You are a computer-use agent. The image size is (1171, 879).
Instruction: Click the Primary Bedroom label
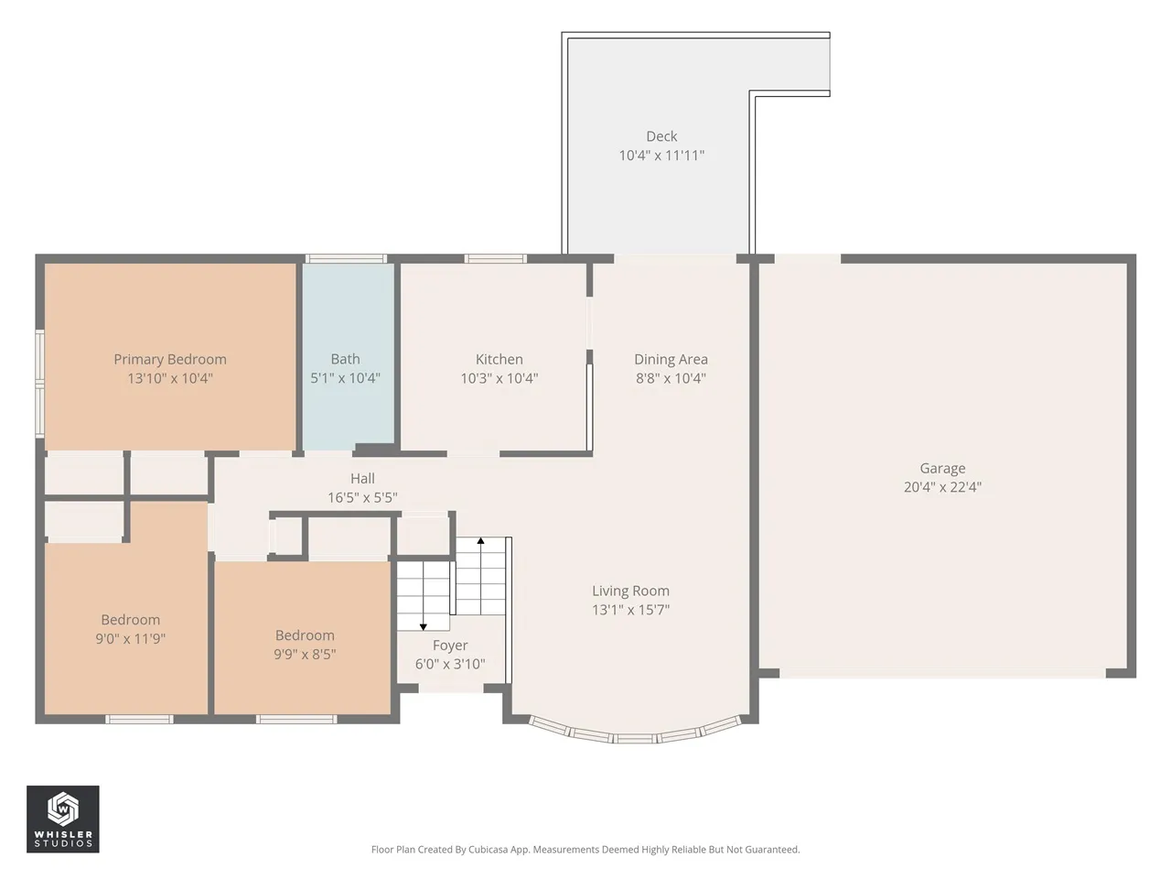[x=170, y=359]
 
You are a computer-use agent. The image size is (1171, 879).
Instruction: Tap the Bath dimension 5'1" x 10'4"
[x=345, y=378]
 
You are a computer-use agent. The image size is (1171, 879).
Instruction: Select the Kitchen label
[x=500, y=359]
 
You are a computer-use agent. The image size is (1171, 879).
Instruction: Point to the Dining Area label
[x=671, y=359]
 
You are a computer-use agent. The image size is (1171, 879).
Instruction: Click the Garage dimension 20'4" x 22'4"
[x=942, y=487]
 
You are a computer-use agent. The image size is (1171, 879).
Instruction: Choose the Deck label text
[x=661, y=136]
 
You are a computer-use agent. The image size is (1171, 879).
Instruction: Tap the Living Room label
[x=630, y=591]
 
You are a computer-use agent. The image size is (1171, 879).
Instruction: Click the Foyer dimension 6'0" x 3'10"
[x=450, y=664]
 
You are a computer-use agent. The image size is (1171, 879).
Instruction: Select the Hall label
[x=362, y=478]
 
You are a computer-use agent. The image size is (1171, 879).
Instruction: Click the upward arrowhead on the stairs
[x=480, y=540]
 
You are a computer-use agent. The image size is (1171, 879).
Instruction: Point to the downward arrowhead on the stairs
[x=423, y=627]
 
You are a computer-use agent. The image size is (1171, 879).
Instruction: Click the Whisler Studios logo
[x=63, y=819]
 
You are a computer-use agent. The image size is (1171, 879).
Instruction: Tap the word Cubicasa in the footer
[x=489, y=849]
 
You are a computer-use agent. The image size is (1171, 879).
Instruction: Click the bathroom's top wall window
[x=346, y=259]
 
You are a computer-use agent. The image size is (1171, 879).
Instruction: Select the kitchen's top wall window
[x=495, y=259]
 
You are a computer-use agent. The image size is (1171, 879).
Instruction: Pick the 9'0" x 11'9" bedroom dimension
[x=131, y=638]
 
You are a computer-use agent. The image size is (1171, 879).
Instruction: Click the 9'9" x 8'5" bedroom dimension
[x=305, y=654]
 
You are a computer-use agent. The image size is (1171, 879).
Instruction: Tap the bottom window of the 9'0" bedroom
[x=139, y=720]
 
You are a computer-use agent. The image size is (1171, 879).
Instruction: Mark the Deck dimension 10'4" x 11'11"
[x=661, y=156]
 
